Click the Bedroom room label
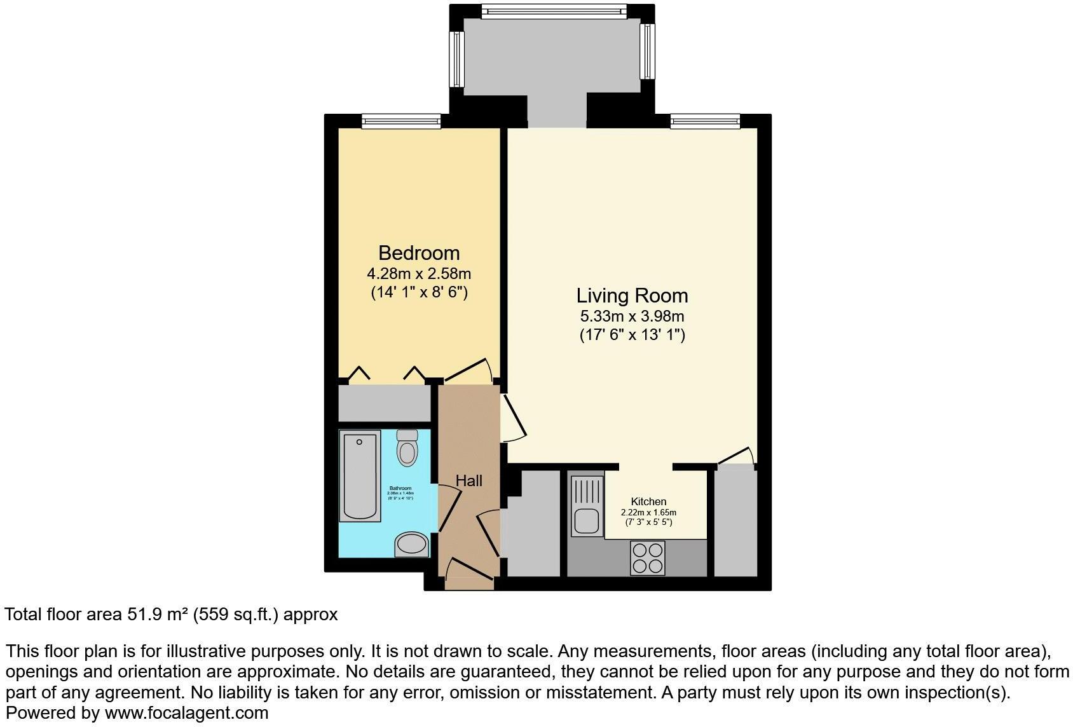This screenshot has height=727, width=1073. coord(419,253)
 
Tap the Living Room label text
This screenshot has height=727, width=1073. coord(632,296)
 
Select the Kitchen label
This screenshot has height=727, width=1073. coord(648,501)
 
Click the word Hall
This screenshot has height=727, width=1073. coord(469,480)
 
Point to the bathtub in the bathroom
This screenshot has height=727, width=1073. coord(360,475)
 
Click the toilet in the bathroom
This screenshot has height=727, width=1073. coord(407,448)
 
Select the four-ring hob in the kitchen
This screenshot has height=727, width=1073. coord(648,557)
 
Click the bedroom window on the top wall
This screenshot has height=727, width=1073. coord(400,121)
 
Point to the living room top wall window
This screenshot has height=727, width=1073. coord(705,121)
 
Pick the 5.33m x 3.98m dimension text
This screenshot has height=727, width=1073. coord(632,316)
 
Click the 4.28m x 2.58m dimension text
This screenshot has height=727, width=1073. coord(419,274)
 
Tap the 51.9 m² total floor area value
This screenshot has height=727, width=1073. coord(159,615)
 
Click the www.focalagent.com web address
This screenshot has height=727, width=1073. coord(186,713)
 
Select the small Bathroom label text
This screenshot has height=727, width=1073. coord(400,488)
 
